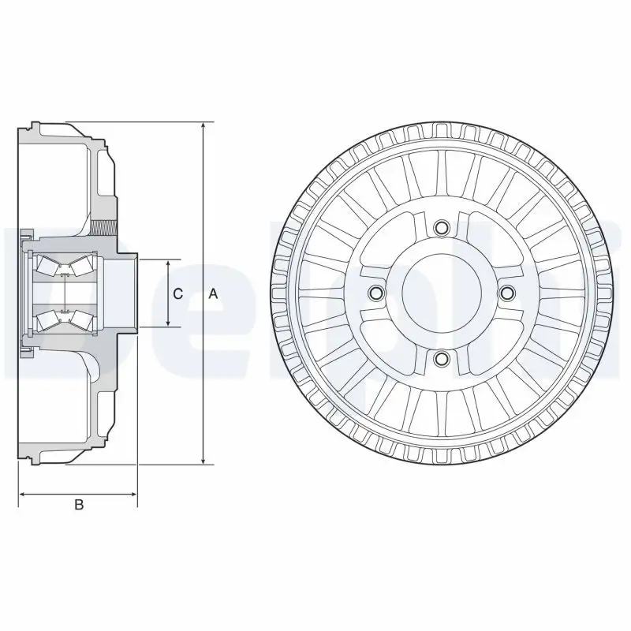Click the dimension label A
pyautogui.click(x=212, y=294)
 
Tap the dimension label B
pyautogui.click(x=78, y=505)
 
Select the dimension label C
pyautogui.click(x=177, y=294)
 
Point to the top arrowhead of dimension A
pyautogui.click(x=203, y=127)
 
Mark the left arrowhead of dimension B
pyautogui.click(x=22, y=495)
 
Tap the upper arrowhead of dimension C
pyautogui.click(x=168, y=263)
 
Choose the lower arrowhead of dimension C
pyautogui.click(x=168, y=323)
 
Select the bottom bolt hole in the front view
pyautogui.click(x=441, y=359)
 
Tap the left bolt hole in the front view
pyautogui.click(x=375, y=293)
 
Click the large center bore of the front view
pyautogui.click(x=441, y=293)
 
